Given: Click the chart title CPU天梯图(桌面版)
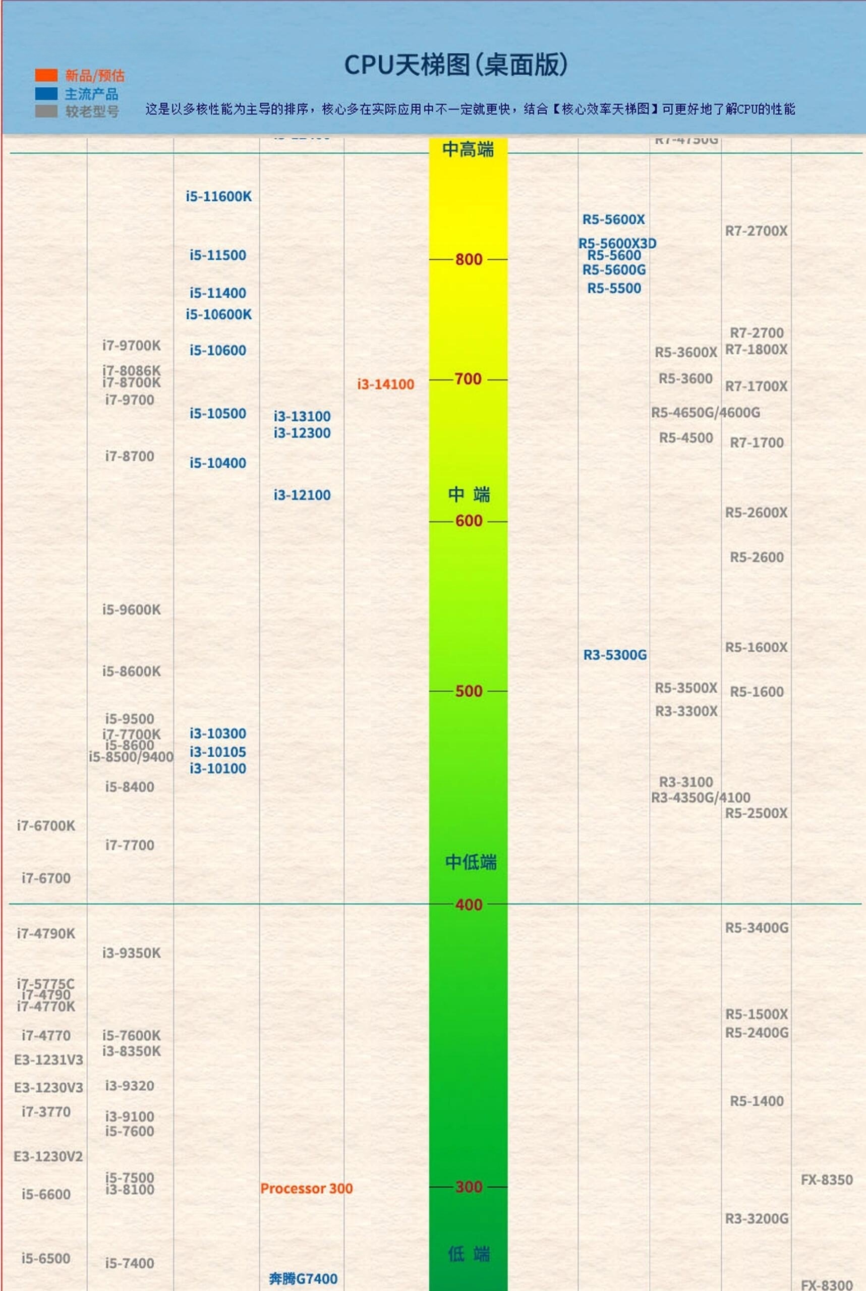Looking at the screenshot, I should [455, 65].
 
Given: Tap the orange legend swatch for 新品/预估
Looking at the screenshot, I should [46, 75].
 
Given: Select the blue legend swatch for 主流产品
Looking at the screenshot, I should [46, 93].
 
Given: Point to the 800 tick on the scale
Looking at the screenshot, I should [469, 259].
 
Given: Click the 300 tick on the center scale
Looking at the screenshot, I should [469, 1187].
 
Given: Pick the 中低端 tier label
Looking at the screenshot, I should [471, 862].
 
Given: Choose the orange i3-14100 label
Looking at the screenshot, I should [385, 384].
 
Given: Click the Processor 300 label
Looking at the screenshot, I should [306, 1188].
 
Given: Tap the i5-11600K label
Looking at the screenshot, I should [219, 197].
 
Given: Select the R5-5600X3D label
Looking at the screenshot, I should [617, 243].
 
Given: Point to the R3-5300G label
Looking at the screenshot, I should [615, 655].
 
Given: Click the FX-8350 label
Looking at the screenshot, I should [827, 1180].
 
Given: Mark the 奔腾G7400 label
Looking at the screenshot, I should [303, 1278].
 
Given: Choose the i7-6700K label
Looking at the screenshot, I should [46, 826].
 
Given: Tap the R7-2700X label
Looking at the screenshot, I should [756, 231].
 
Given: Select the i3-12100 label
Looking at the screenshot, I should [302, 495].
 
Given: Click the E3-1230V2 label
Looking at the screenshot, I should [48, 1156].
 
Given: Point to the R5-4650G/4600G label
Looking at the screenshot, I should [705, 413].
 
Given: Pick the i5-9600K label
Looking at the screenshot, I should [132, 610].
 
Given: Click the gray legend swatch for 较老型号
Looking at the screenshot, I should [46, 111].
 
